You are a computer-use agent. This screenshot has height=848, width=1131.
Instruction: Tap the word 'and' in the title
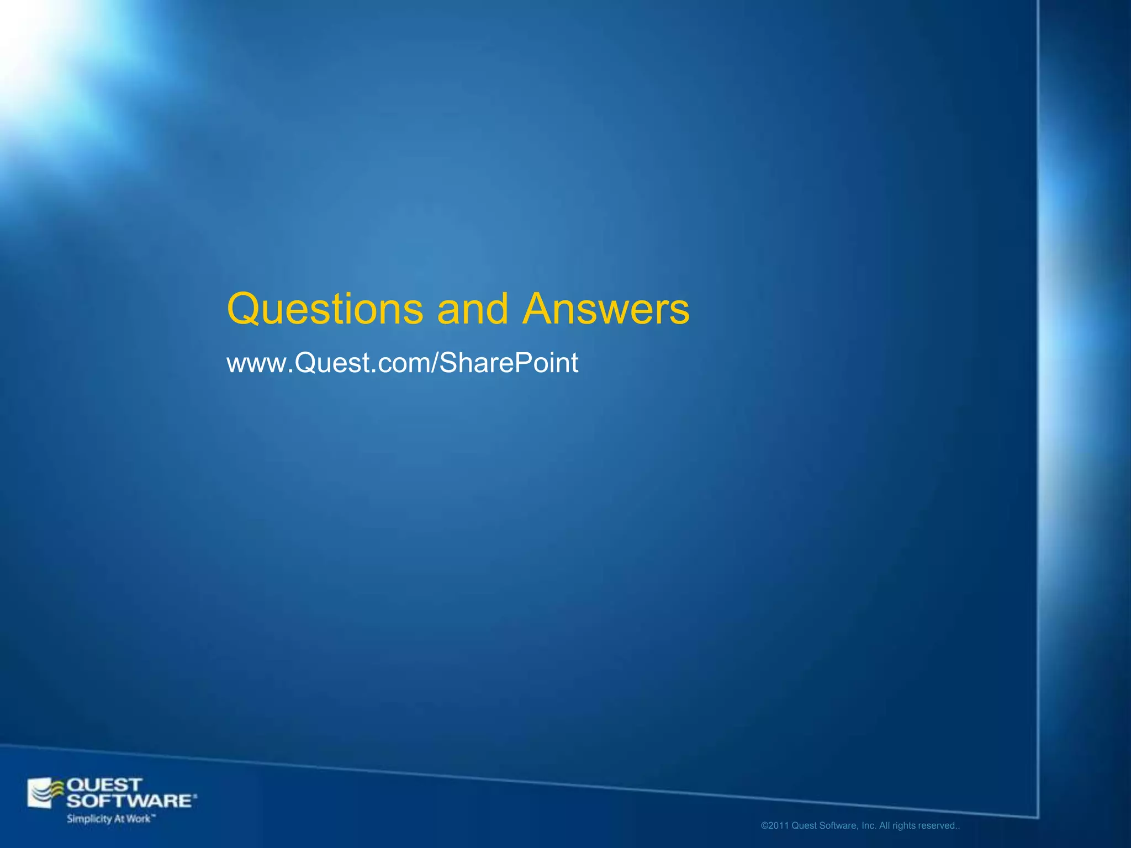click(x=472, y=309)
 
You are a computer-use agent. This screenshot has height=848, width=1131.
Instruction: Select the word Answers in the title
click(x=606, y=309)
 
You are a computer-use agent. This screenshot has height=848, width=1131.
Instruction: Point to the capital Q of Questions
click(x=244, y=309)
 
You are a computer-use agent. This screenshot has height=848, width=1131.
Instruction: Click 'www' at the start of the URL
click(x=257, y=364)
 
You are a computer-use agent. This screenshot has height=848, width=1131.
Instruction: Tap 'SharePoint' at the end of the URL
click(x=509, y=364)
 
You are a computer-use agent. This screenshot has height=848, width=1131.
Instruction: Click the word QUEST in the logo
click(x=104, y=785)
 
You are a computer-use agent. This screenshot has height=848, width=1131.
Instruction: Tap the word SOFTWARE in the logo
click(x=130, y=801)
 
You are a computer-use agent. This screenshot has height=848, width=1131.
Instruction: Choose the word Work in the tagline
click(x=138, y=819)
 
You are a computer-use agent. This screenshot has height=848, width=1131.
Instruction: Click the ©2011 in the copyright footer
click(x=775, y=826)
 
